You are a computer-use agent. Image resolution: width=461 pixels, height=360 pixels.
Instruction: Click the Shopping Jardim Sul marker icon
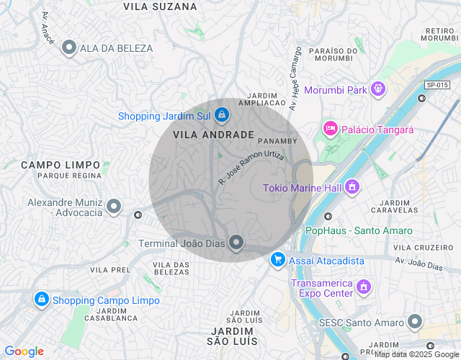[x=221, y=114]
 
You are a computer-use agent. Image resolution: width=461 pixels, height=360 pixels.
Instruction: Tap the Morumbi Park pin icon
[x=378, y=90]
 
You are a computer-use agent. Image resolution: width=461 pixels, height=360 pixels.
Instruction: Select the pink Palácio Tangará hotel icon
[x=330, y=129]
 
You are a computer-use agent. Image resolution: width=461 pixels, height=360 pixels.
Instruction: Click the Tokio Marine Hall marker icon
[x=352, y=188]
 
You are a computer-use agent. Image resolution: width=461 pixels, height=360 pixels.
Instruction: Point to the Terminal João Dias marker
[x=236, y=243]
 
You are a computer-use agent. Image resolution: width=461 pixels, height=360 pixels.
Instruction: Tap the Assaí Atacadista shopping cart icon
[x=277, y=260]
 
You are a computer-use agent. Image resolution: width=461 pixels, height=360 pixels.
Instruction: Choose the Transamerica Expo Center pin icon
[x=364, y=287]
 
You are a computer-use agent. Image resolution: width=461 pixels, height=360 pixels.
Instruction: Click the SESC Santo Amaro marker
[x=415, y=322]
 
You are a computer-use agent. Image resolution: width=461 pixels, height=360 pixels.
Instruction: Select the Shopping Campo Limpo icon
[x=41, y=300]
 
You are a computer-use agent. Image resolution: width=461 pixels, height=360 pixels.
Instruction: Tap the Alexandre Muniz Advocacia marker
[x=113, y=207]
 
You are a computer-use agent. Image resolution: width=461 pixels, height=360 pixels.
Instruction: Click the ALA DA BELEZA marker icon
[x=69, y=48]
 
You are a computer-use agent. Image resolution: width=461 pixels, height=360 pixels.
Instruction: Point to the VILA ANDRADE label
[x=213, y=135]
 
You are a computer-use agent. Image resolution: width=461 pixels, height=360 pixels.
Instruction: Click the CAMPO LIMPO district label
[x=61, y=165]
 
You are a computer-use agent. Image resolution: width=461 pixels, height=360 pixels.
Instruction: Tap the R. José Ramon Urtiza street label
[x=251, y=165]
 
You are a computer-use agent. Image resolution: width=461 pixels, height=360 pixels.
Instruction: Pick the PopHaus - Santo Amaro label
[x=359, y=230]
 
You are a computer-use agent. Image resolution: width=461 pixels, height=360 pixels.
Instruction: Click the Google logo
[x=24, y=351]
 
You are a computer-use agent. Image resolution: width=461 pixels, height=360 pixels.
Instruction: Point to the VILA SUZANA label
[x=160, y=6]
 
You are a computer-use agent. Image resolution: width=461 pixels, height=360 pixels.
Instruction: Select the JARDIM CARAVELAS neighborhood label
[x=393, y=206]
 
